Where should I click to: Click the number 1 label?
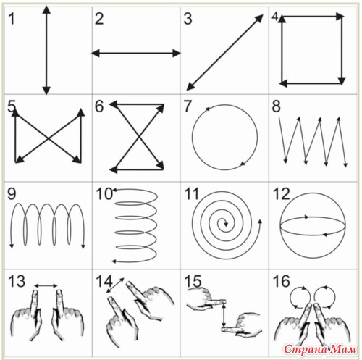[x=12, y=19]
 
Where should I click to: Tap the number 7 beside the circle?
[x=188, y=106]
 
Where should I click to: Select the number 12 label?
[x=281, y=194]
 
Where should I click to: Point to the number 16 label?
[x=281, y=281]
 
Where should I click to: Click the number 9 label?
[x=12, y=193]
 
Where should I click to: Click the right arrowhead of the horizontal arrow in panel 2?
[x=177, y=53]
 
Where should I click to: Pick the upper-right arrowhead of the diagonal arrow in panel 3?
[x=259, y=18]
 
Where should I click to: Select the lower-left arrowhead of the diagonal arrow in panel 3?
[x=190, y=87]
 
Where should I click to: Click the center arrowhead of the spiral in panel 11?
[x=226, y=224]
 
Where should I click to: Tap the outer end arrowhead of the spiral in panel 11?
[x=260, y=222]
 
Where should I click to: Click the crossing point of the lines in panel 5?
[x=49, y=138]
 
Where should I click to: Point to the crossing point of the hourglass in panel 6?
[x=138, y=137]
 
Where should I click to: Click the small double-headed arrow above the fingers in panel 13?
[x=46, y=286]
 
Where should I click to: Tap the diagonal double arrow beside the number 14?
[x=115, y=285]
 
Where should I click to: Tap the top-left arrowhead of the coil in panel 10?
[x=115, y=190]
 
